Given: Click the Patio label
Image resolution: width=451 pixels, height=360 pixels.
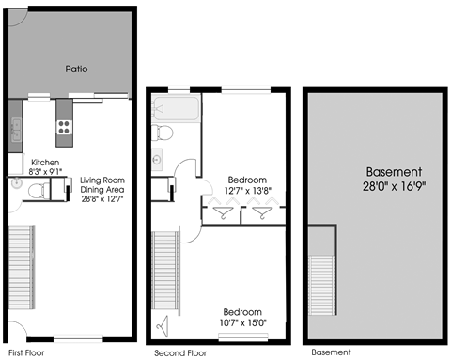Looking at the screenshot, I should (x=77, y=70).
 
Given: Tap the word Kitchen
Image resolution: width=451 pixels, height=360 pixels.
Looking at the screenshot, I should (x=45, y=162).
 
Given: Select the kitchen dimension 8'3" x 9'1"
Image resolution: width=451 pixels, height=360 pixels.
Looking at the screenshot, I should (x=45, y=171).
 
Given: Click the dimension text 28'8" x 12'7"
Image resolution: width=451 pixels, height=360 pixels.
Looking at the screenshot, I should (x=101, y=199).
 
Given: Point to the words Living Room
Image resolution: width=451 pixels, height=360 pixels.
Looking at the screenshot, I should (x=101, y=180).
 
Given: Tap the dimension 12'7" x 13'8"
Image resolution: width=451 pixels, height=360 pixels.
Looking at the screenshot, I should (x=246, y=191).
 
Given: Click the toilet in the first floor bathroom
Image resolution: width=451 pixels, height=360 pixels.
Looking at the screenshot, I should (x=37, y=191).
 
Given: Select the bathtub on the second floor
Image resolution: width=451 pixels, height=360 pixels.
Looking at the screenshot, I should (x=174, y=110).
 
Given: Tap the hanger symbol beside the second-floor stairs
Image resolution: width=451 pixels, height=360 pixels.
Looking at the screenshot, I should (x=164, y=326).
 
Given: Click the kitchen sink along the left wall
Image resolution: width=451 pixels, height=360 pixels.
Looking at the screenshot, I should (x=16, y=137).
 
